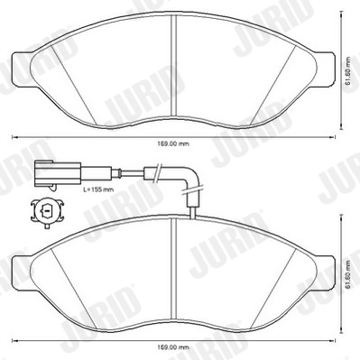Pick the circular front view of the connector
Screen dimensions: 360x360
[x=45, y=213]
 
